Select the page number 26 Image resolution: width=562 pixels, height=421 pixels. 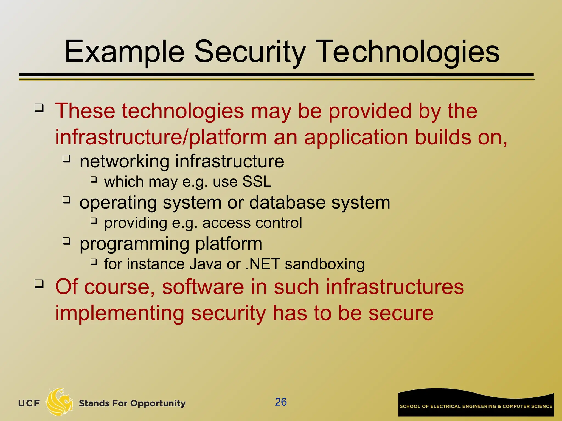tap(281, 402)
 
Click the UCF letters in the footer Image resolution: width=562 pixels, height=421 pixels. tap(29, 403)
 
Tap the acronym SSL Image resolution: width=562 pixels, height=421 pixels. tap(257, 182)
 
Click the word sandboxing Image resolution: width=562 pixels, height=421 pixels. tap(325, 264)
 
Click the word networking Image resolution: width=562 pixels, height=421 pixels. tap(124, 161)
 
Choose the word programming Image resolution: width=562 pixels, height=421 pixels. tap(134, 244)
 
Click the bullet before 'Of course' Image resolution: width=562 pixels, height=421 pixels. tap(39, 284)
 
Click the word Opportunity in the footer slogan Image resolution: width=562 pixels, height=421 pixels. tap(158, 403)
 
